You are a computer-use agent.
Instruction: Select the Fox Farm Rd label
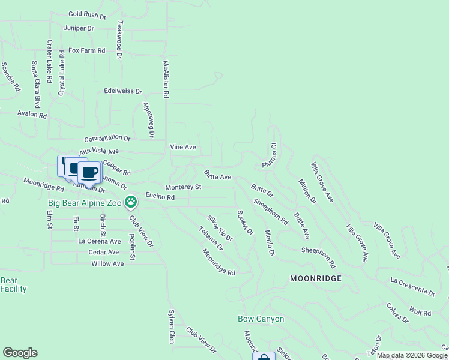pos(86,51)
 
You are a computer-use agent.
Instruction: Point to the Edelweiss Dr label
pos(122,92)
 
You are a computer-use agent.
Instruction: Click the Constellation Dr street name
pos(107,138)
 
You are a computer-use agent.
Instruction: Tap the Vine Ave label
pos(183,146)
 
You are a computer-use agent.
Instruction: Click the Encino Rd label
pos(160,197)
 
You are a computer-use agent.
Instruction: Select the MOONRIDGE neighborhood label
pos(316,278)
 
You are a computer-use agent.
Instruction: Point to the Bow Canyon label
pos(261,319)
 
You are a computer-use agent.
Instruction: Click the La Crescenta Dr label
pos(412,286)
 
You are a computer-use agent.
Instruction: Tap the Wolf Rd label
pos(420,313)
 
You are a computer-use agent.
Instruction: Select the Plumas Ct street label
pos(268,155)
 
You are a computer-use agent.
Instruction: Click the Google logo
pos(20,353)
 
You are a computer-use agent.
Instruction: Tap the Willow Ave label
pos(107,263)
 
